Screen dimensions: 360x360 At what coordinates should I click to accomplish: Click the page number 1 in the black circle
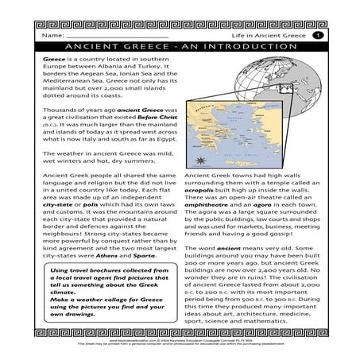[316, 36]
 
